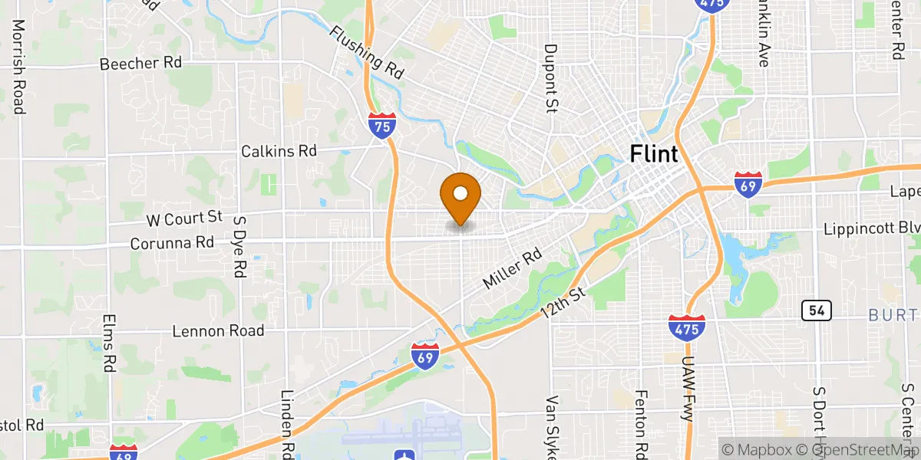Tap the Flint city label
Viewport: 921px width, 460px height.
tap(654, 153)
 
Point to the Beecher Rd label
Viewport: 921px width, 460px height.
tap(140, 64)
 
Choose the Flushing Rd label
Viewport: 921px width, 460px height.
tap(368, 53)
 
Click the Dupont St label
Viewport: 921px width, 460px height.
tap(550, 77)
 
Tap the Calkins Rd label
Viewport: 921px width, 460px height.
tap(279, 151)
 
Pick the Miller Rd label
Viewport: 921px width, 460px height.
tap(512, 268)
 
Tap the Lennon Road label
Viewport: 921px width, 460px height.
tap(218, 331)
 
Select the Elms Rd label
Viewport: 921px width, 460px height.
tap(108, 343)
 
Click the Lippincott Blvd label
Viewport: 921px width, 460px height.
tap(871, 229)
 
